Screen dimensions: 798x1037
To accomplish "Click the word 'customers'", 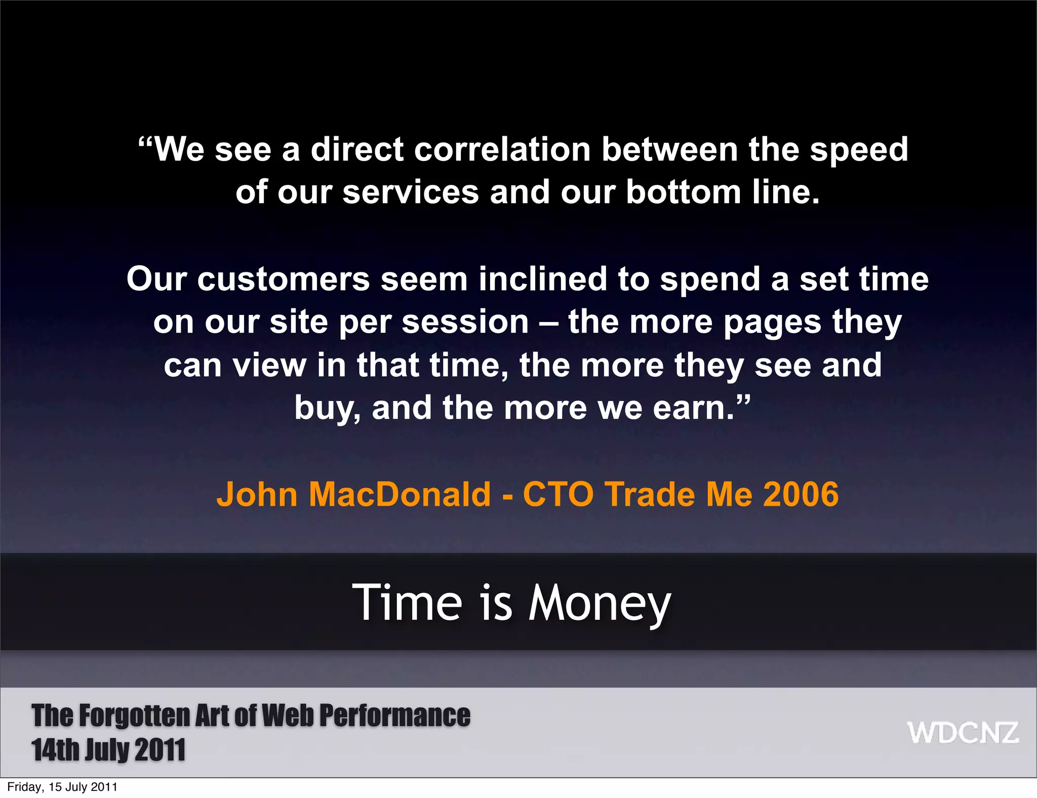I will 284,280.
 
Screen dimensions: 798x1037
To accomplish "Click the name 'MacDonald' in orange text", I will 400,494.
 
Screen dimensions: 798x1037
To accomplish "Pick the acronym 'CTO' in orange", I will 558,494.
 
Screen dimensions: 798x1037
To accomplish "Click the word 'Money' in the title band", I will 600,603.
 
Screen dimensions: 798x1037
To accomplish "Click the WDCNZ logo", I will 963,733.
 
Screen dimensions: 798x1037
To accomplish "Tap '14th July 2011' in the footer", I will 108,750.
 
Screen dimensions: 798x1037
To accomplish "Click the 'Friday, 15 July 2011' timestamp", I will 62,787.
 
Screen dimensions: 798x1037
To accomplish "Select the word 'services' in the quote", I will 411,192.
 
